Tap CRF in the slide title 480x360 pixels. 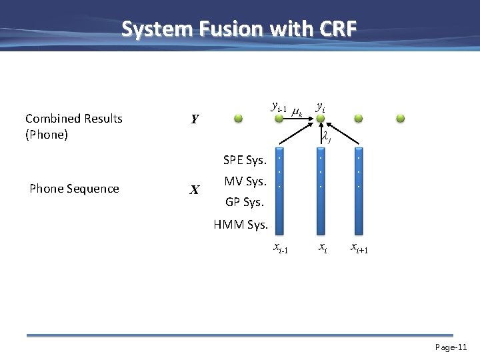335,29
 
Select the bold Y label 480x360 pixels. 194,120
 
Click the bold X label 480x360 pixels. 194,190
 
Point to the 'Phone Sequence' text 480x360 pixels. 74,189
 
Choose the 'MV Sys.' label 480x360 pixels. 246,181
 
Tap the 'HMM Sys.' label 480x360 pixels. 241,225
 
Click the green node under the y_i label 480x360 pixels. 321,119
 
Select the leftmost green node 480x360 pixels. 238,119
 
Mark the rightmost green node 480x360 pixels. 400,119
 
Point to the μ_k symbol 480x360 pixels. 298,113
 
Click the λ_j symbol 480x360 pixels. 327,138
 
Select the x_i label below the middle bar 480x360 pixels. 322,248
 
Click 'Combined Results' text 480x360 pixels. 74,119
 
